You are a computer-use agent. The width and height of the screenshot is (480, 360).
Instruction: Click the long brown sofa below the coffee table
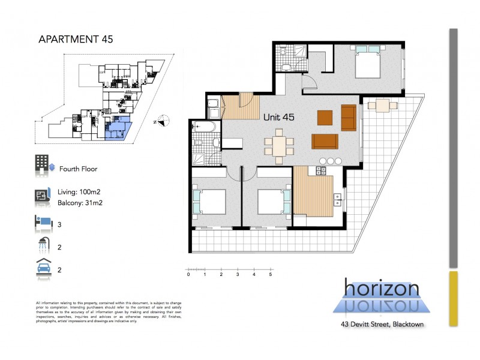pyautogui.click(x=325, y=141)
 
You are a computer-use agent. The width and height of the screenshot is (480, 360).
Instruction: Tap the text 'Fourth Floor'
pyautogui.click(x=78, y=169)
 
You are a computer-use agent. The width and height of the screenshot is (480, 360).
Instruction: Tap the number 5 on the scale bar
pyautogui.click(x=271, y=274)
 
